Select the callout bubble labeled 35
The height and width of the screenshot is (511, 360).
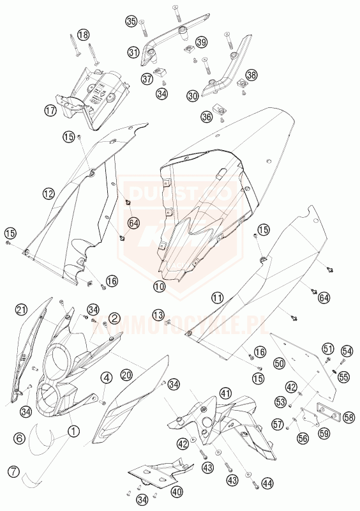tap(131, 22)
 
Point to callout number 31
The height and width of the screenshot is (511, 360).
tap(133, 53)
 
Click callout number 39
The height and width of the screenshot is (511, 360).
tap(202, 42)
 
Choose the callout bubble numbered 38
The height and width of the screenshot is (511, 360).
tap(251, 75)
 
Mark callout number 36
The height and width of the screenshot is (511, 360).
tap(206, 117)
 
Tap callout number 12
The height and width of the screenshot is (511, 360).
tap(49, 192)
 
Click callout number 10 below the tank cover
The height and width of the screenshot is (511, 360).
tap(159, 287)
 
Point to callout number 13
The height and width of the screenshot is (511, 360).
tap(158, 314)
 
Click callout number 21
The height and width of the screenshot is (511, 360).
tap(22, 310)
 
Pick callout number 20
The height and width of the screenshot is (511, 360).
tap(126, 375)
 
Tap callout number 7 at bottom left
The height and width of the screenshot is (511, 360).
tap(13, 473)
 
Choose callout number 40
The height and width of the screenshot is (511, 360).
tap(177, 492)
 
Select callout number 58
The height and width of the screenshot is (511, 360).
tap(349, 418)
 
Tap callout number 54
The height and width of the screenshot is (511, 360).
tap(347, 351)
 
